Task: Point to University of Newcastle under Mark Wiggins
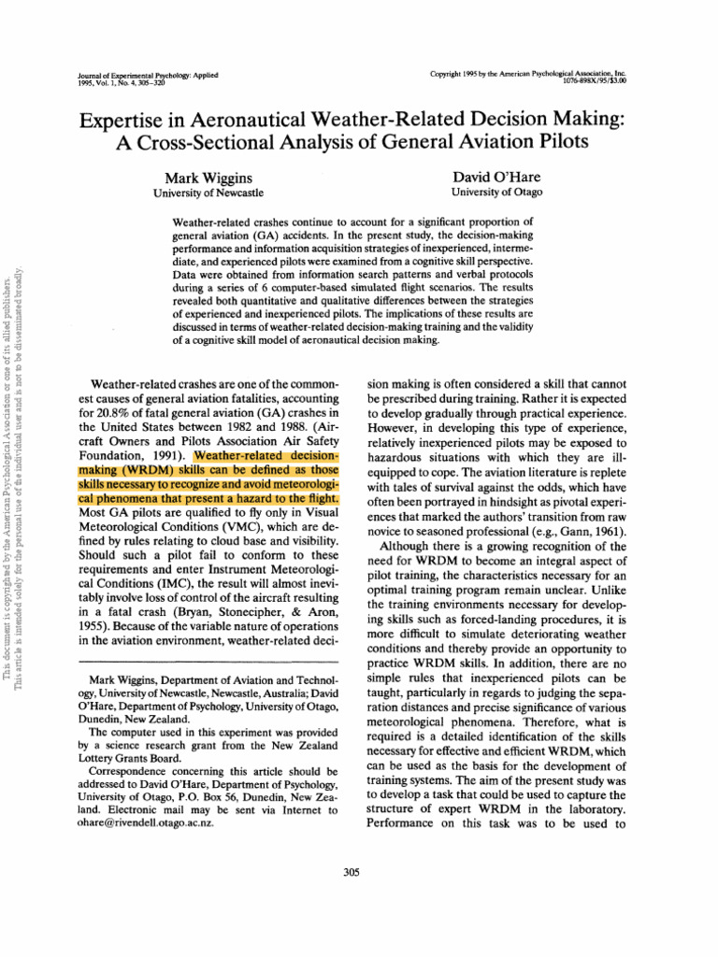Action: (208, 193)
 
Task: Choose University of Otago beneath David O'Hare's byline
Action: (496, 193)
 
